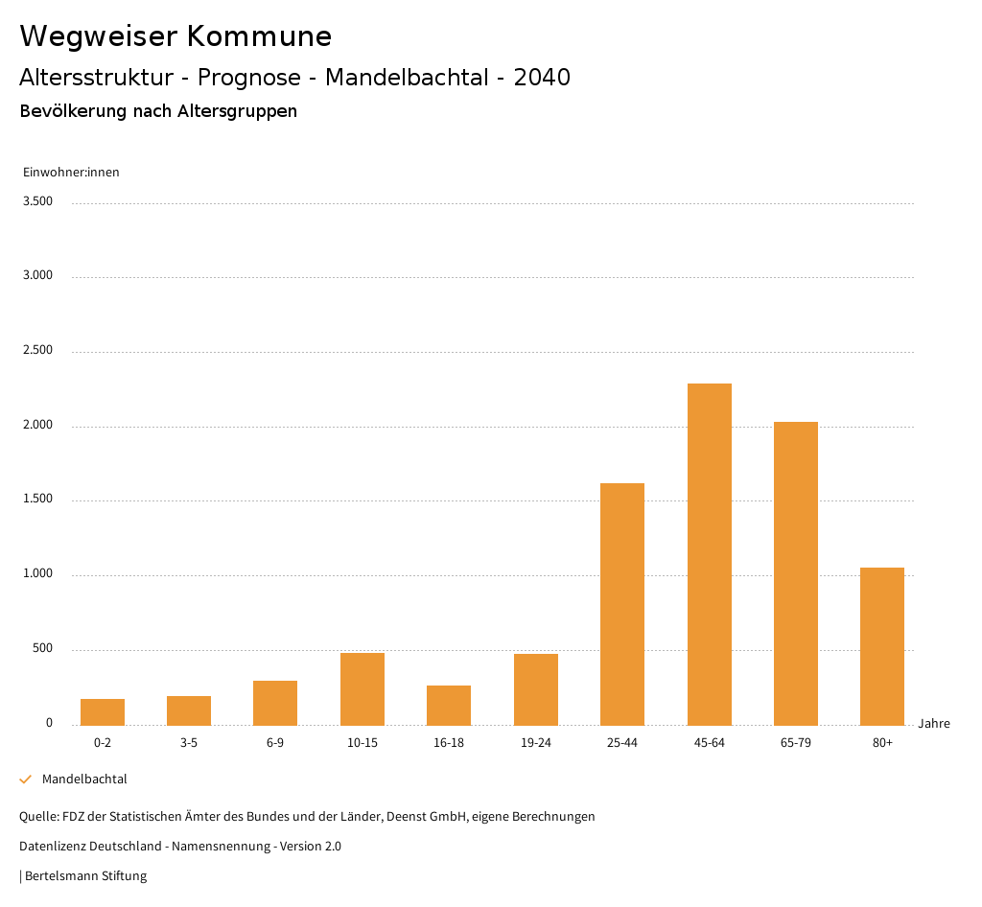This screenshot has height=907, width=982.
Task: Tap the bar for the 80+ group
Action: [x=882, y=646]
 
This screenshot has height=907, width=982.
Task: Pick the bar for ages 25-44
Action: [x=622, y=604]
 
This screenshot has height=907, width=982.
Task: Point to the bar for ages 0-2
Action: [x=103, y=712]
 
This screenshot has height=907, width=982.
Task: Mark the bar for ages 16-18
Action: [x=449, y=705]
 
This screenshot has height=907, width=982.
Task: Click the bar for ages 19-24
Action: [x=536, y=689]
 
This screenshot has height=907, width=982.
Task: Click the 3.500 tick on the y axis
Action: [x=37, y=201]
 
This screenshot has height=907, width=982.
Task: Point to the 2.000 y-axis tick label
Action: [x=37, y=425]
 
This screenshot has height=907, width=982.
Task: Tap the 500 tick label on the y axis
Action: [x=42, y=649]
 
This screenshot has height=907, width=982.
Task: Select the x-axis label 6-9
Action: [x=275, y=743]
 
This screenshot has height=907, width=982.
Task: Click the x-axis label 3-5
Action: [x=189, y=743]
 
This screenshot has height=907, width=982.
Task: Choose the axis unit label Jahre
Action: [x=933, y=724]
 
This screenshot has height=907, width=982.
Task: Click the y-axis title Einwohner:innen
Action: [x=71, y=173]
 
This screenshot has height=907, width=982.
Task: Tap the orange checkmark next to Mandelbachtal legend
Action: [x=26, y=779]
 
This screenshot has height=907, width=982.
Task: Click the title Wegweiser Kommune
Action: [x=175, y=36]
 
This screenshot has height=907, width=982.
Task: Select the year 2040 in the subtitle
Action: [x=542, y=78]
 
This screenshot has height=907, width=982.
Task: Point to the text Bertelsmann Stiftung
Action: [x=85, y=876]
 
